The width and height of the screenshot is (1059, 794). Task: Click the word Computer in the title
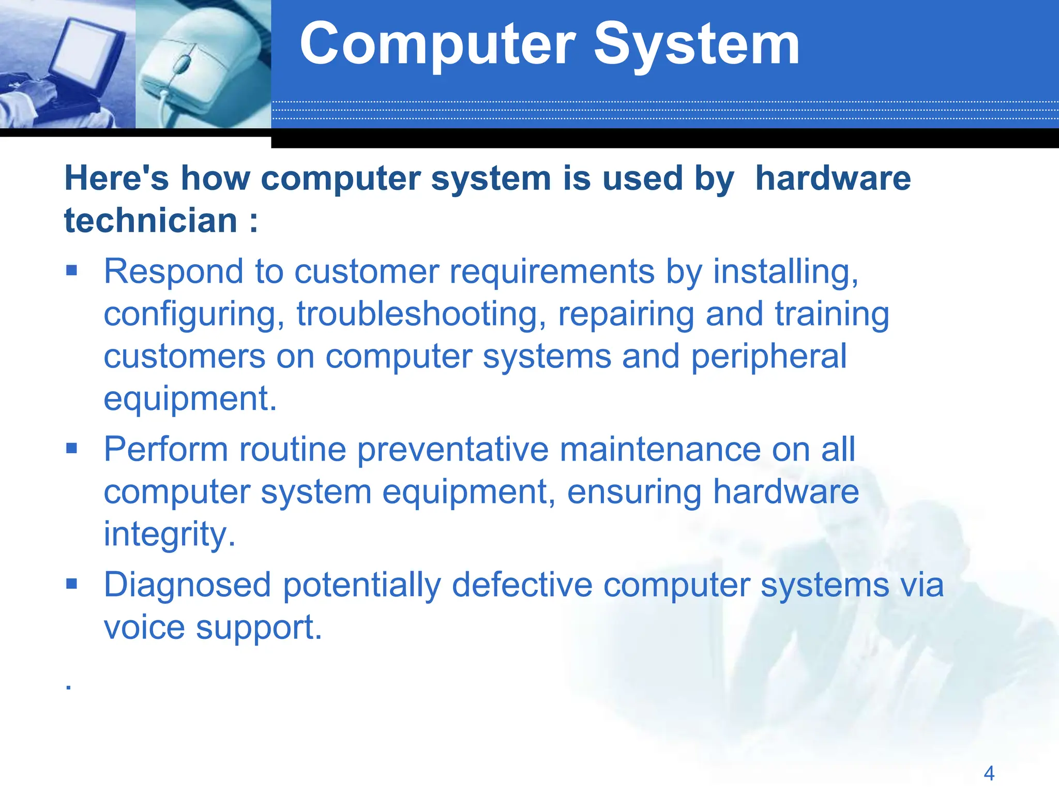tap(437, 45)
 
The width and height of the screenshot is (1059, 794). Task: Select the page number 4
tap(989, 773)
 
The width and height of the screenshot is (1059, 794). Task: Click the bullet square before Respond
tap(71, 270)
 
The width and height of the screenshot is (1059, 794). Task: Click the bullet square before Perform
tap(71, 448)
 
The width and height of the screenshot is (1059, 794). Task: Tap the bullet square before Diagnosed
tap(71, 584)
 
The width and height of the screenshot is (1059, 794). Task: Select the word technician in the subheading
tap(150, 221)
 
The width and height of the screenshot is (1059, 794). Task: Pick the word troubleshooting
tap(420, 314)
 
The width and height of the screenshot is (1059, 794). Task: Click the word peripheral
tap(768, 357)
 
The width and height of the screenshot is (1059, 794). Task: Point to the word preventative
tap(452, 449)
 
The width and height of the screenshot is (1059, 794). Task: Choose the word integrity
tap(169, 534)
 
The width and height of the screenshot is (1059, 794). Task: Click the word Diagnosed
tap(187, 585)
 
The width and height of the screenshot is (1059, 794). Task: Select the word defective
tap(522, 585)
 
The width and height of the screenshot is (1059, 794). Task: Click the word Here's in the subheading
tap(116, 178)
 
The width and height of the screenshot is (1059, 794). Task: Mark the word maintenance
tap(660, 449)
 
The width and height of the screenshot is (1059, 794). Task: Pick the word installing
tap(785, 271)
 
